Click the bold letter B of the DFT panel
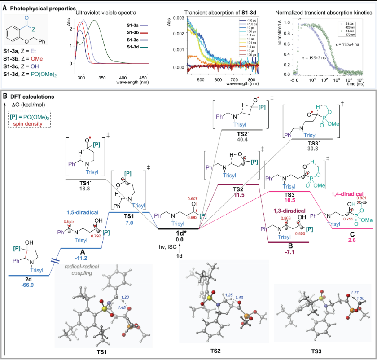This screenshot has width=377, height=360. pos(5,96)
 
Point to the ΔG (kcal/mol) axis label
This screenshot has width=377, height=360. pos(27,104)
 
